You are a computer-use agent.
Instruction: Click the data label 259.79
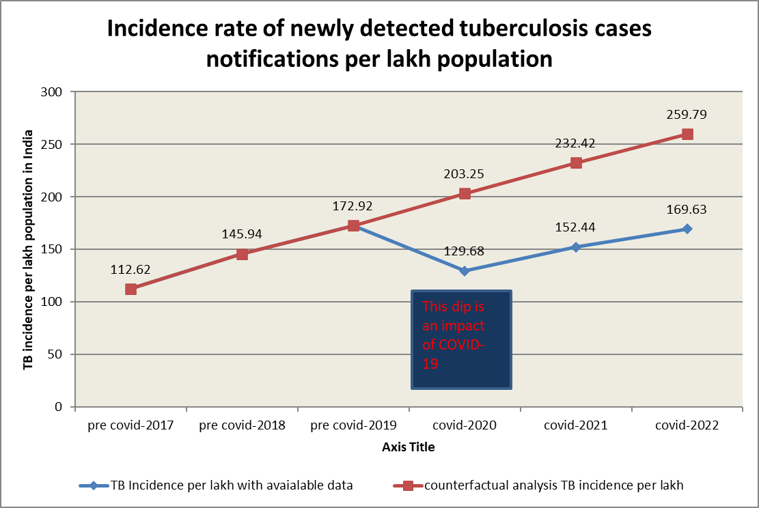click(687, 115)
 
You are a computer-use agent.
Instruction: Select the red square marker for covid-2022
click(687, 135)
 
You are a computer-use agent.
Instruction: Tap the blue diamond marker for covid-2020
click(465, 271)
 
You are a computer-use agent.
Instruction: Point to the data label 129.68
click(465, 252)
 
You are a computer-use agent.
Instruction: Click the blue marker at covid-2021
click(576, 247)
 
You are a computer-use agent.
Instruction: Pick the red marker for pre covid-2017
click(130, 289)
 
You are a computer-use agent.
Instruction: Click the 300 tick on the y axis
click(53, 92)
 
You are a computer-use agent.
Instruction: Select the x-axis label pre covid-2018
click(242, 425)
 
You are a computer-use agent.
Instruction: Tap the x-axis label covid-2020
click(465, 425)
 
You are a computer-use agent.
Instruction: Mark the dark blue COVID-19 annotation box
click(461, 339)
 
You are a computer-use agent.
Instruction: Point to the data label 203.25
click(465, 174)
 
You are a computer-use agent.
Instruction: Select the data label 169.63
click(687, 210)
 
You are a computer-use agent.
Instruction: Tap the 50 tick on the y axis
click(55, 354)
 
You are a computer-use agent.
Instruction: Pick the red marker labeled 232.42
click(576, 163)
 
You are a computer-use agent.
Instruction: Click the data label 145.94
click(242, 234)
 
